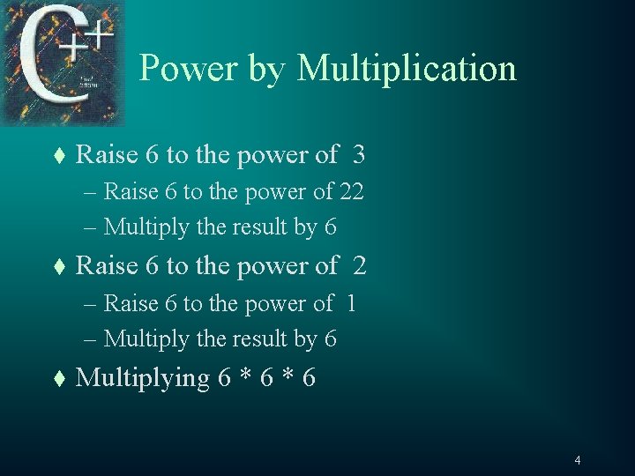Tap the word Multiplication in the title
tap(407, 69)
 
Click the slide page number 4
tap(577, 460)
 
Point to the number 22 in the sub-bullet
tap(352, 191)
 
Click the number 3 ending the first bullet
tap(358, 155)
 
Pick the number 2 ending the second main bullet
tap(359, 265)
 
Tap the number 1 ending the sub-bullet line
tap(351, 303)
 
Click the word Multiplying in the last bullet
tap(142, 378)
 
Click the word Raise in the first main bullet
tap(107, 155)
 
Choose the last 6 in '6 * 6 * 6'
tap(309, 378)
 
